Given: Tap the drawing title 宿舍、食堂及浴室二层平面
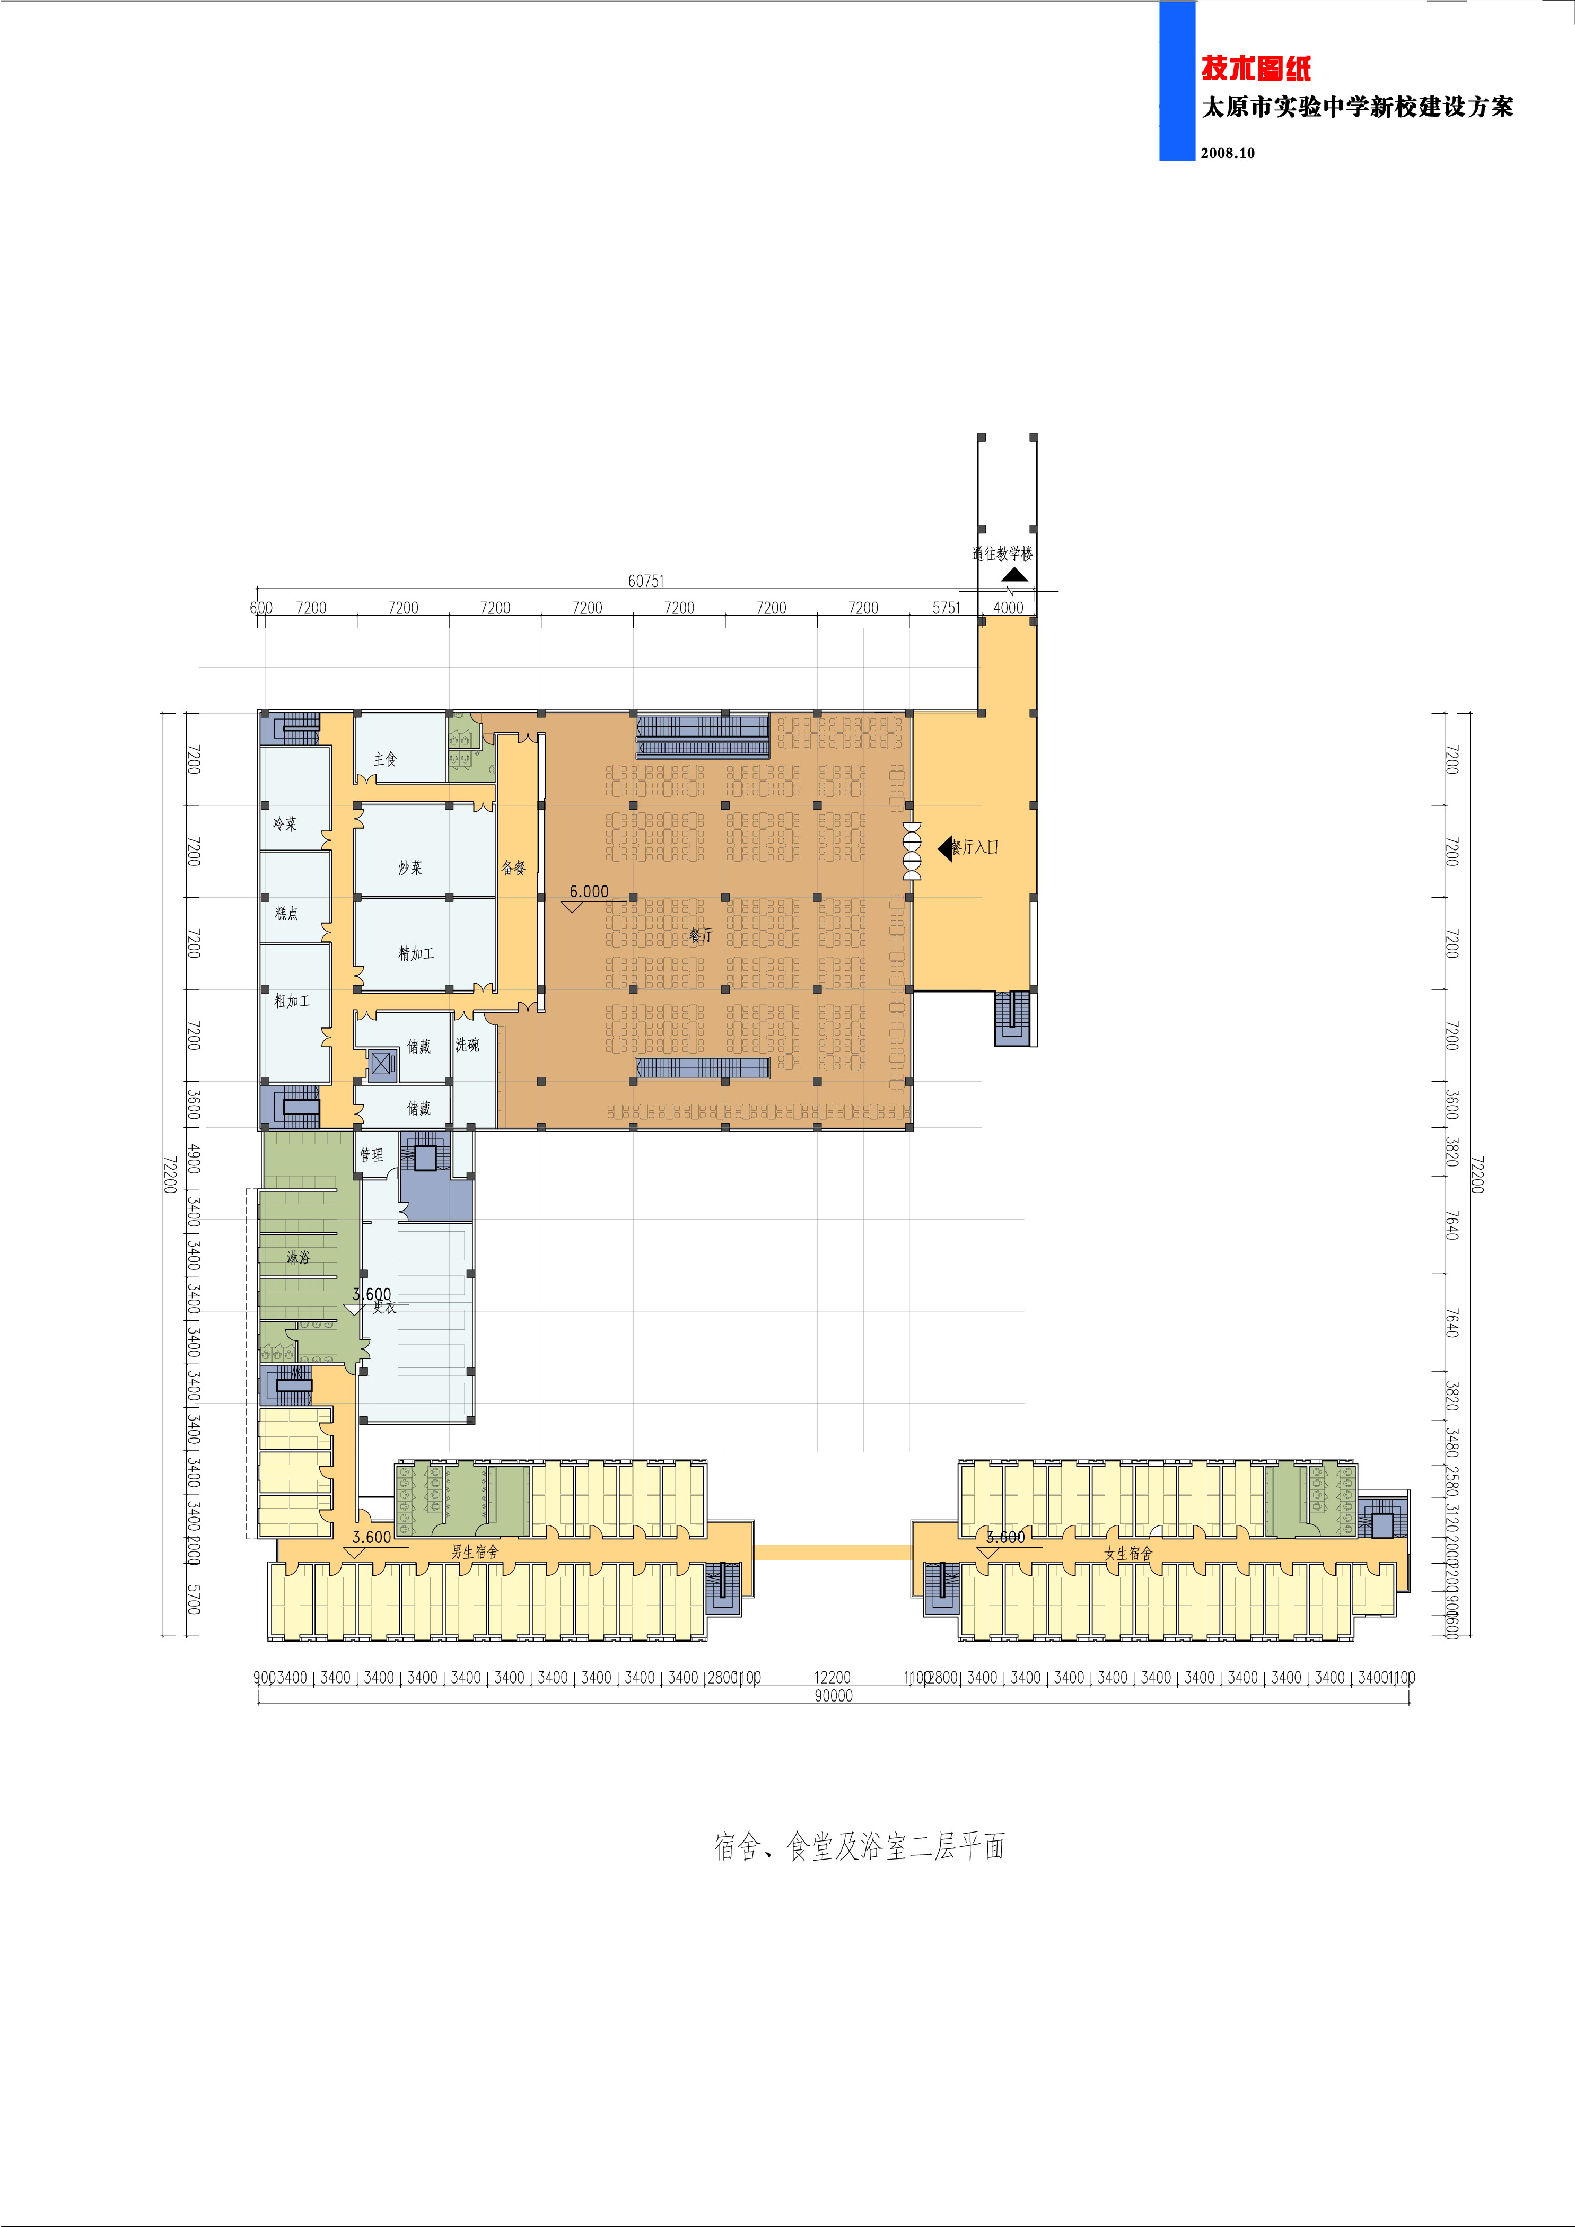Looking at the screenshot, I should (x=859, y=1846).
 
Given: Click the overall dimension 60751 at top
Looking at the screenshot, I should (x=646, y=581).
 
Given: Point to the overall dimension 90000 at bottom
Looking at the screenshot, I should (x=833, y=1696).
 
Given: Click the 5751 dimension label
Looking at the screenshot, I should (x=946, y=608).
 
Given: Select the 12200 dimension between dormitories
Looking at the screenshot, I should (x=832, y=1677).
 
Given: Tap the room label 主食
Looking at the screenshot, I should (x=385, y=758).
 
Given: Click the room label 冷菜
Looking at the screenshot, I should (x=284, y=823).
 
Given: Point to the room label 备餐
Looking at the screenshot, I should (x=513, y=867).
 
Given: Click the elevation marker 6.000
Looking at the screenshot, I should (x=589, y=891).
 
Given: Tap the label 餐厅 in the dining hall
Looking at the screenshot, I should (x=700, y=935).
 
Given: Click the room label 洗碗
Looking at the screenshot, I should (x=467, y=1045).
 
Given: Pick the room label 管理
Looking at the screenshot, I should (x=371, y=1154).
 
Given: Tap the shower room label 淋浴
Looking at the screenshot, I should (x=297, y=1257).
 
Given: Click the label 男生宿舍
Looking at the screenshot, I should (x=474, y=1552).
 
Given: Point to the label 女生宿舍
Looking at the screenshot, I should (x=1128, y=1553).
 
